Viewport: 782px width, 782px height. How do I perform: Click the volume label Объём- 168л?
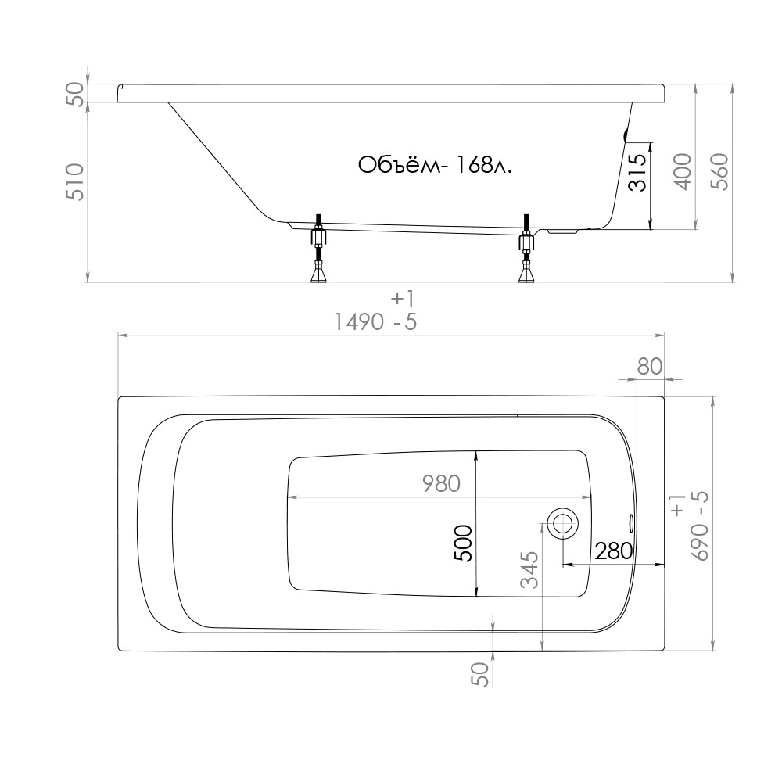435,165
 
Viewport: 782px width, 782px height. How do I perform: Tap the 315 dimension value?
637,173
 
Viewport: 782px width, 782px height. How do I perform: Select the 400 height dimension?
683,171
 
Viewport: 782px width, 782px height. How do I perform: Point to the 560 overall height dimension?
719,171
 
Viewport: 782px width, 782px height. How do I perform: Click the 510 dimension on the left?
75,181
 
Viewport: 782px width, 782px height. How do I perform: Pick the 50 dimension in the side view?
75,95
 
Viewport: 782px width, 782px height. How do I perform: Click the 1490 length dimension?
359,322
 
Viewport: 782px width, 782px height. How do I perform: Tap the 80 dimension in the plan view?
650,367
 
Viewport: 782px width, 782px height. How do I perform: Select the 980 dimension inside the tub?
441,484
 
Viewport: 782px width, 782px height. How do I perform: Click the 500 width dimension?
463,543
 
